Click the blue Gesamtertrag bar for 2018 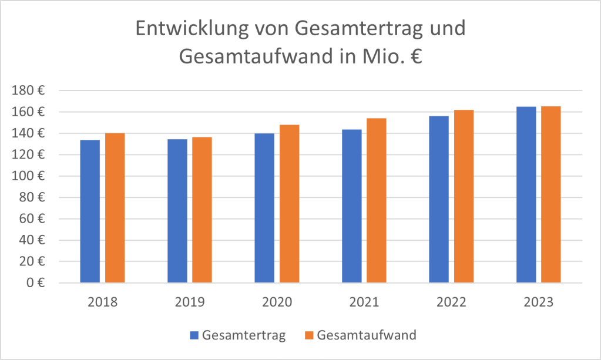90,211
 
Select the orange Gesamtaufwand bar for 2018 115,208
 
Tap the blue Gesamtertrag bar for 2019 177,211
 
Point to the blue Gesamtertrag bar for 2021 351,206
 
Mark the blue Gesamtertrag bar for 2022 439,199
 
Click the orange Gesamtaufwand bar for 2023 551,194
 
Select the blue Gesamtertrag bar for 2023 526,194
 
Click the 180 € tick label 29,91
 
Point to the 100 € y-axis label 29,176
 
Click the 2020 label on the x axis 277,303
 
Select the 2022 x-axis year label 451,303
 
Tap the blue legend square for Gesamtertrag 194,336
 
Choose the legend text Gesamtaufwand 366,336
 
